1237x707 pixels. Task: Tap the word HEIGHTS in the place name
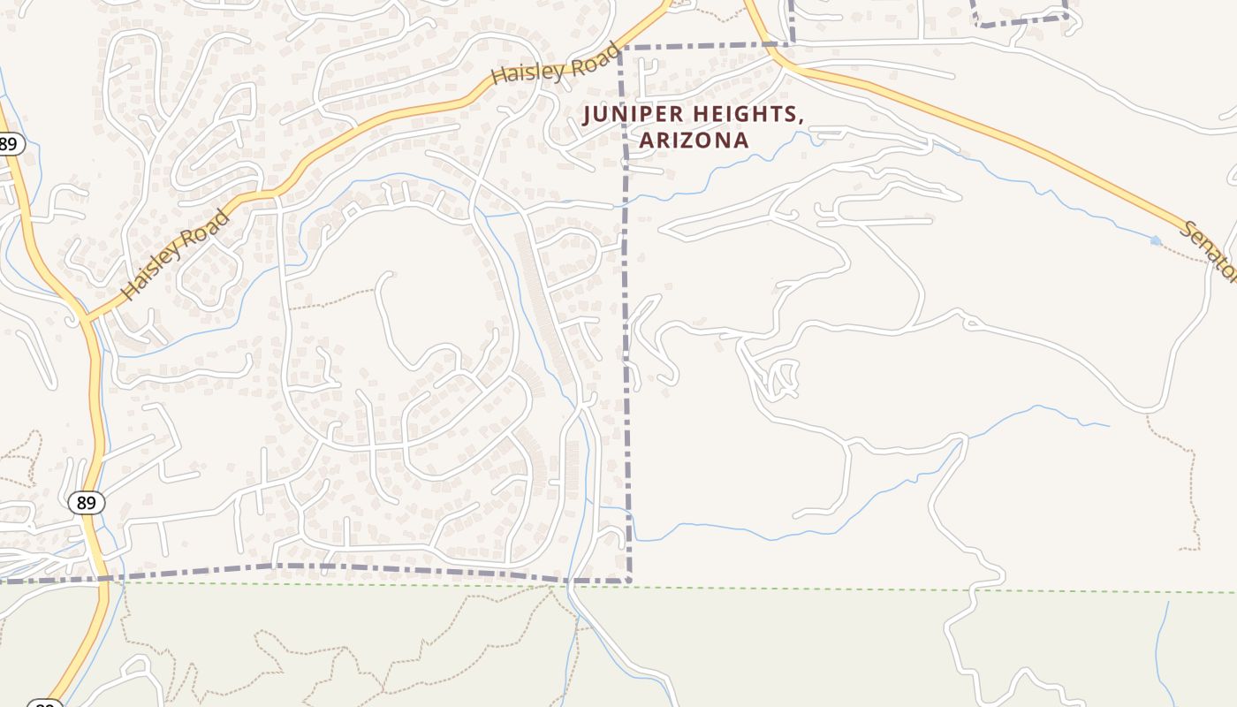point(748,115)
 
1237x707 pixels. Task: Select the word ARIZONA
point(694,140)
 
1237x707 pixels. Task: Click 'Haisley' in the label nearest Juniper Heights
point(529,71)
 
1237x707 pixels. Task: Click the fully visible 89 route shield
point(86,503)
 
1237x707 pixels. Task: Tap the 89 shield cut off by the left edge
point(9,144)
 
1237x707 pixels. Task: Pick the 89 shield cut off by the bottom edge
point(44,703)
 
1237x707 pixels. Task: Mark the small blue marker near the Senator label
point(1156,239)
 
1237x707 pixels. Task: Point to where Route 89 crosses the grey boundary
point(100,580)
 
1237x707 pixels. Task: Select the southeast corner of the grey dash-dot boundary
point(629,582)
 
